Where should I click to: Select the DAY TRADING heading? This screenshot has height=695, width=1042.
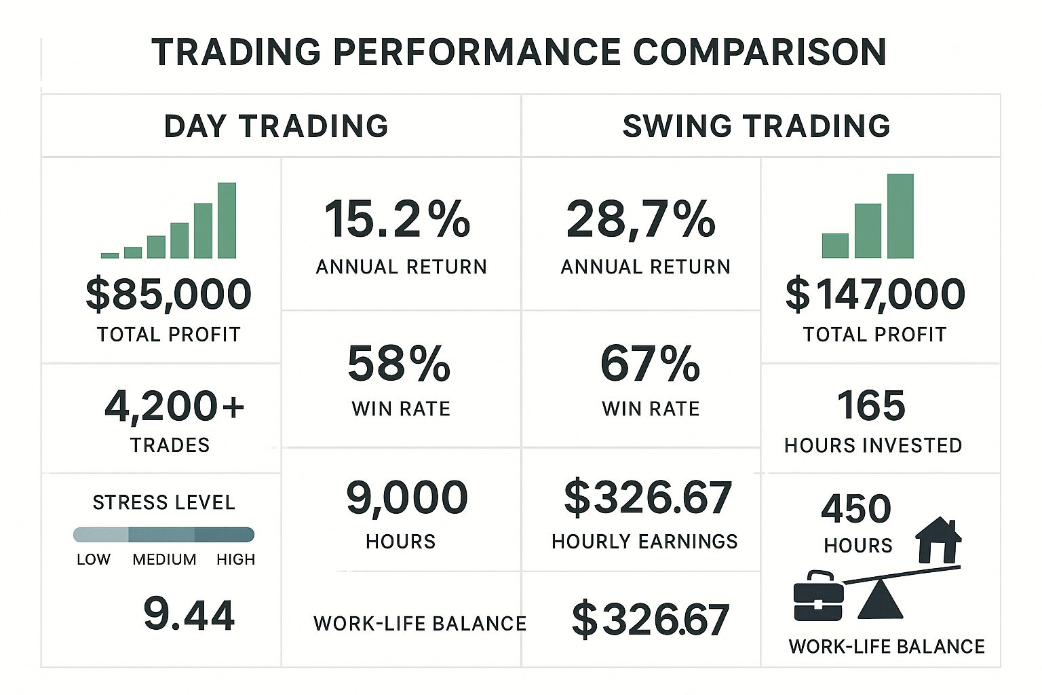point(276,126)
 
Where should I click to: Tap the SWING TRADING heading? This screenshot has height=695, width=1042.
point(756,126)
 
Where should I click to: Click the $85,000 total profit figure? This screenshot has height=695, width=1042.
point(168,295)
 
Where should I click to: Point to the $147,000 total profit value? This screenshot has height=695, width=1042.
point(875,295)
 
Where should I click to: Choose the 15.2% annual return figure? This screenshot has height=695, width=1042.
point(398,220)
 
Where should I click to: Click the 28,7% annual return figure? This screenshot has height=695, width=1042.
point(640,220)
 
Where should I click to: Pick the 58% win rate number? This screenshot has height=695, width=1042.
point(399,364)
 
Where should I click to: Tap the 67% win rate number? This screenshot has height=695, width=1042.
point(650,364)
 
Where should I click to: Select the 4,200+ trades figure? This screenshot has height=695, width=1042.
point(174,406)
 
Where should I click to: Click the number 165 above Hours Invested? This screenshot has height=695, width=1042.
point(871,406)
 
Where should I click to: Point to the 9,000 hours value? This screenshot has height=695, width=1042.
point(406,497)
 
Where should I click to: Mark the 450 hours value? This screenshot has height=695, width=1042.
point(856,509)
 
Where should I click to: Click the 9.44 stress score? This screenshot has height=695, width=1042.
point(189,615)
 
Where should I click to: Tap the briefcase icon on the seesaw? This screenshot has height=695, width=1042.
point(818,597)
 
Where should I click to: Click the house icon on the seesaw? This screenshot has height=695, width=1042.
point(938,540)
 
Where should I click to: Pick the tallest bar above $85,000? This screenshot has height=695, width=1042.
point(227,221)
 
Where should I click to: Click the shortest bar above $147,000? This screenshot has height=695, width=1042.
point(835,246)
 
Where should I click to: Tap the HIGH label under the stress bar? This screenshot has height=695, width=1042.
point(235,560)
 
